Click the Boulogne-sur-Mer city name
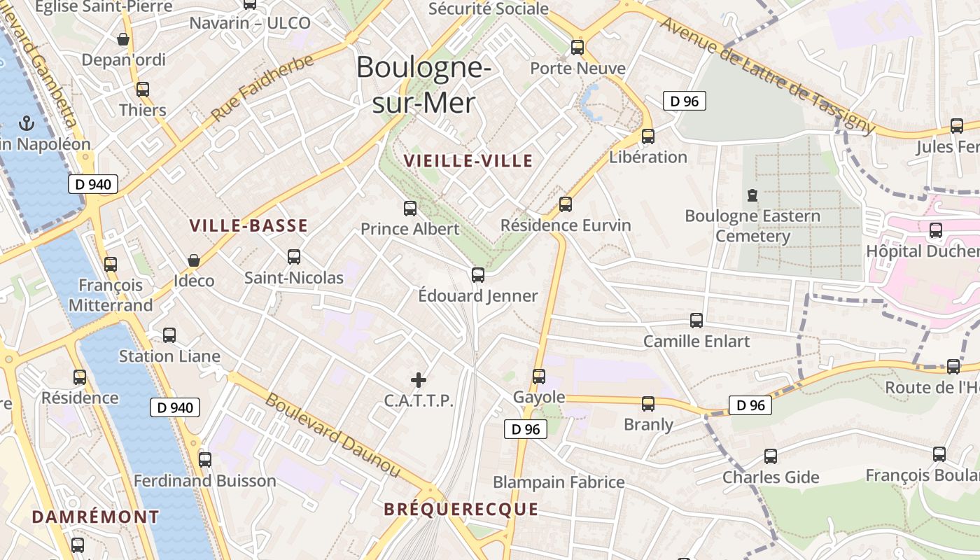423,85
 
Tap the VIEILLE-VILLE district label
468,161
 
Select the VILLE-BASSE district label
248,225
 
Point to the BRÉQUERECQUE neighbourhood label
461,509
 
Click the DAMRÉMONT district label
96,517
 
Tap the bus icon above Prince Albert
410,208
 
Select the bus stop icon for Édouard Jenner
478,274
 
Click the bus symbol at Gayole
539,376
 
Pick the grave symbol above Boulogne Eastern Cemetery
752,195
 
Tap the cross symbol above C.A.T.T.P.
419,380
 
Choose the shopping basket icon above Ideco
194,260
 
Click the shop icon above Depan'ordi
124,39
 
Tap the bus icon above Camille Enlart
696,321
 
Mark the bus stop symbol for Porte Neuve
577,48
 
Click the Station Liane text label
169,356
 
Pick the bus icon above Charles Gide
771,456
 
